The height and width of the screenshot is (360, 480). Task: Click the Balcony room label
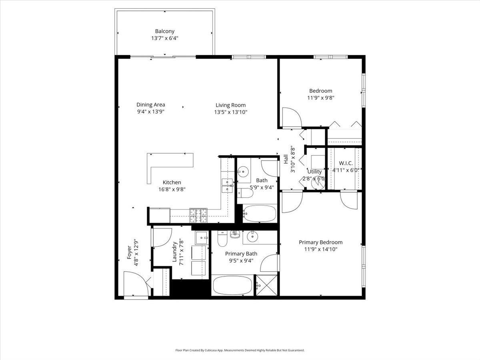(165, 31)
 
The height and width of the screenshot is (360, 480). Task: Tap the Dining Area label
(151, 105)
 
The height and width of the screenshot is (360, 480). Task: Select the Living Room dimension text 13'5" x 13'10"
(230, 112)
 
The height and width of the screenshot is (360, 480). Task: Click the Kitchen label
(172, 182)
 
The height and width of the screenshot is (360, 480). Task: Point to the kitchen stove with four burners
(198, 216)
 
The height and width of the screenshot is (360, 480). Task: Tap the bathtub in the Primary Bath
(232, 286)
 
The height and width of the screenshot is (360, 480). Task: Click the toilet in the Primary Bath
(222, 239)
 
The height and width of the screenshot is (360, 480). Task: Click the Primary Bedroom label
(320, 242)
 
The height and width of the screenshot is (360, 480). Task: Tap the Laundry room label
(175, 252)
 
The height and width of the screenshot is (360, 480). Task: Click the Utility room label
(314, 172)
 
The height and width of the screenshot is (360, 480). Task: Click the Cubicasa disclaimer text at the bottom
(240, 350)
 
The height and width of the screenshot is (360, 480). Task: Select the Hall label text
(286, 160)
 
